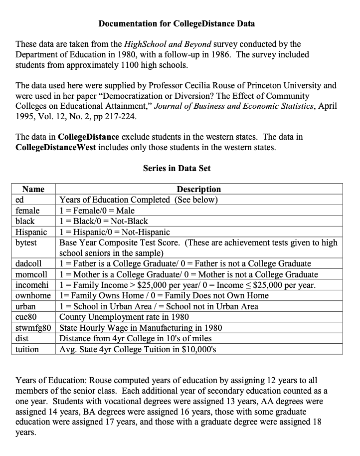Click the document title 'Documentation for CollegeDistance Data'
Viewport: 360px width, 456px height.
[177, 23]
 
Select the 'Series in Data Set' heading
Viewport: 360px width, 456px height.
[177, 168]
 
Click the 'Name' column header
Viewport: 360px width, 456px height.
[33, 189]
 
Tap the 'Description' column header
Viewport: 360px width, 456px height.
[198, 189]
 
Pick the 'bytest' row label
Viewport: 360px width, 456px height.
[26, 242]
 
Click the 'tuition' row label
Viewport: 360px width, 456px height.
[27, 349]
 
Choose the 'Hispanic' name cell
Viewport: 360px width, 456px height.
[31, 232]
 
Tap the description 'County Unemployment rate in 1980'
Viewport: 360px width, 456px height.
[124, 317]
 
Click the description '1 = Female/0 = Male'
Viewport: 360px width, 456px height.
[97, 211]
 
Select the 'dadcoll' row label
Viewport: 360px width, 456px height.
[28, 263]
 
